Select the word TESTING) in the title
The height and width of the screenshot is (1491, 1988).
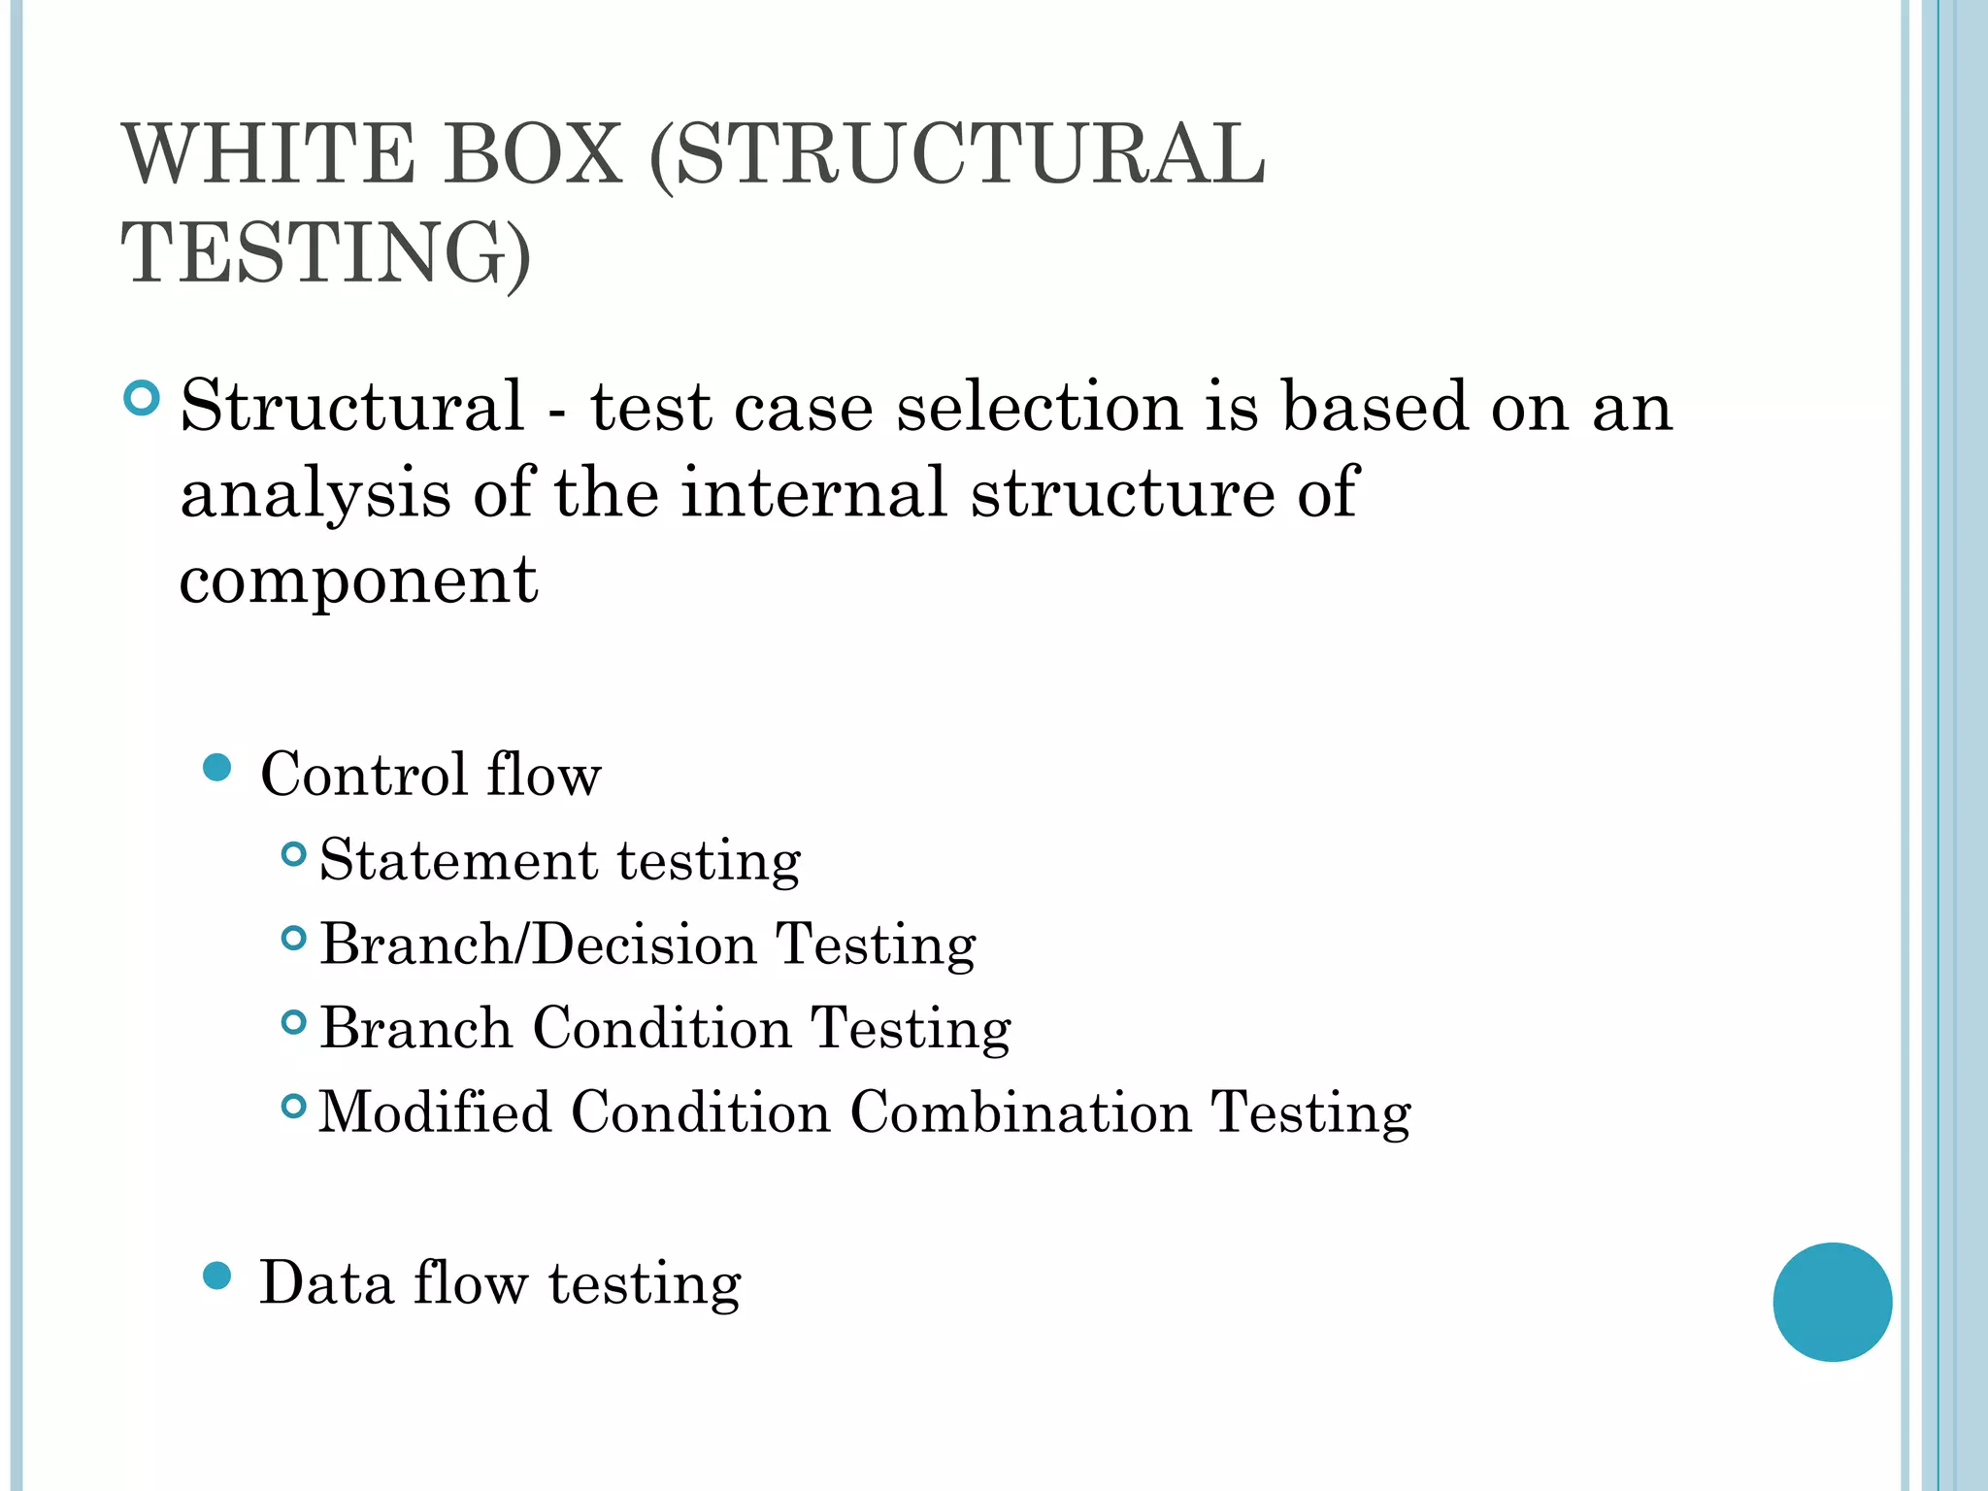coord(325,253)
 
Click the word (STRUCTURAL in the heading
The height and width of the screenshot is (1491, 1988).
coord(956,155)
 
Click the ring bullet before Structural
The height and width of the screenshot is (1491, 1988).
coord(142,398)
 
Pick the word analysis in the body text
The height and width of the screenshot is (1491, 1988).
coord(315,493)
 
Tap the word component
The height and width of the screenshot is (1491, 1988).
coord(358,580)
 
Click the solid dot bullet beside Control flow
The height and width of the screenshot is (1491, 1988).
coord(217,768)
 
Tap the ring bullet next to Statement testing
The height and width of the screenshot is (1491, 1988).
coord(293,854)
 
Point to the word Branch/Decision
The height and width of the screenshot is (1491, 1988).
coord(538,944)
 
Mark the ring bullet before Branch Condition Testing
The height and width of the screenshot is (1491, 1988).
coord(293,1022)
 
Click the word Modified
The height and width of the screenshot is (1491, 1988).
coord(435,1111)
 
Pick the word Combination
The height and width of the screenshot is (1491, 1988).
coord(1020,1111)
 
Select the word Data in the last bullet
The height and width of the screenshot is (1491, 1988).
coord(326,1283)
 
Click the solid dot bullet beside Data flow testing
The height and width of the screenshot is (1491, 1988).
coord(217,1276)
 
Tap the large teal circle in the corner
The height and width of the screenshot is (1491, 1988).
coord(1832,1302)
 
